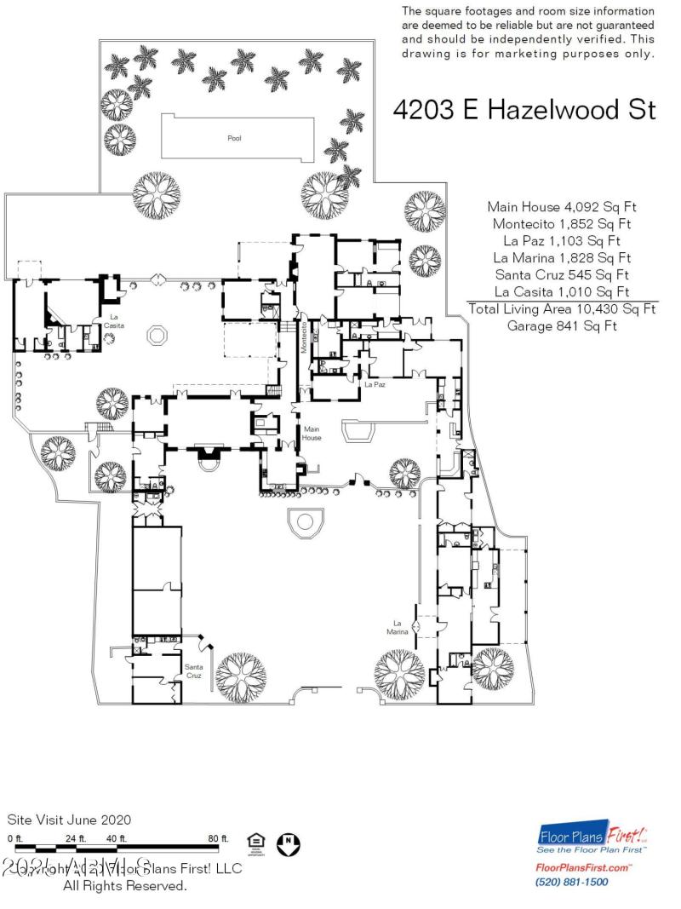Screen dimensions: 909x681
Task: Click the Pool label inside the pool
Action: pyautogui.click(x=234, y=138)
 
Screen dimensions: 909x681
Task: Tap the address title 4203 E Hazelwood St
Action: pyautogui.click(x=524, y=110)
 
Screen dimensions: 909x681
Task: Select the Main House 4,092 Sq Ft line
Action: pyautogui.click(x=562, y=206)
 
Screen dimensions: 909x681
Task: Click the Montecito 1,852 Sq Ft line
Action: pyautogui.click(x=562, y=223)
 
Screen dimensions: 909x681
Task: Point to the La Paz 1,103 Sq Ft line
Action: pyautogui.click(x=562, y=240)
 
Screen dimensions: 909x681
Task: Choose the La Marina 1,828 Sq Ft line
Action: pyautogui.click(x=562, y=257)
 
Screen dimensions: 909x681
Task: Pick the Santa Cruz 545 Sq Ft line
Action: pyautogui.click(x=562, y=274)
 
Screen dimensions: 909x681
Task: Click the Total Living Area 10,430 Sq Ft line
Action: pyautogui.click(x=562, y=308)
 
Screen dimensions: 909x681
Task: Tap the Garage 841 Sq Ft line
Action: pyautogui.click(x=562, y=325)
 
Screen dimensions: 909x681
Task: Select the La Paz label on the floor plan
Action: pyautogui.click(x=375, y=385)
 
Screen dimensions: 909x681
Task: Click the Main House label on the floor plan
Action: pyautogui.click(x=312, y=434)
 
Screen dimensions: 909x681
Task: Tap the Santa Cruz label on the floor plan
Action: pyautogui.click(x=194, y=671)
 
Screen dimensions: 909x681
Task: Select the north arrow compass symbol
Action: pyautogui.click(x=289, y=843)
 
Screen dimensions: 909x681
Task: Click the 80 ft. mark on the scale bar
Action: pyautogui.click(x=219, y=838)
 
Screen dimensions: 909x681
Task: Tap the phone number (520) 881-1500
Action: pyautogui.click(x=571, y=882)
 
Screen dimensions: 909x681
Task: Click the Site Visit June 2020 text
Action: pyautogui.click(x=70, y=820)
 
